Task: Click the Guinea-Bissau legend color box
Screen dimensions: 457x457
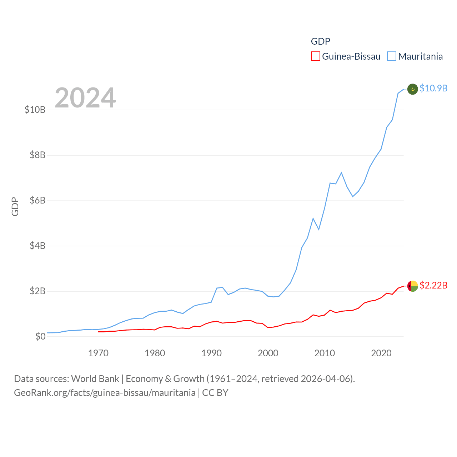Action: tap(316, 56)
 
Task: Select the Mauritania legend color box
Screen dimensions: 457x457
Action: tap(392, 56)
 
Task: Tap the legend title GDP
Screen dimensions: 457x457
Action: tap(320, 41)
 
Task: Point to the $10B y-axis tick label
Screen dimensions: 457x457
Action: tap(35, 110)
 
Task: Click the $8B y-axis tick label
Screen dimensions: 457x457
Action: tap(37, 155)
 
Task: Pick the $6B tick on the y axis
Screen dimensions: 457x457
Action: tap(37, 200)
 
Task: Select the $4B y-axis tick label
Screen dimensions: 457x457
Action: tap(37, 246)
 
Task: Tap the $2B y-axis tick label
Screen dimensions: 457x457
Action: tap(37, 291)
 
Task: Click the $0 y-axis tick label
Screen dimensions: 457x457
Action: tap(40, 336)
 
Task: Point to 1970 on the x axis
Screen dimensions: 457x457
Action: tap(98, 353)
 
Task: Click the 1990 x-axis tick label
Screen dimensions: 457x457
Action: tap(211, 353)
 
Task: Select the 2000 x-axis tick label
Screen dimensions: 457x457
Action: tap(268, 353)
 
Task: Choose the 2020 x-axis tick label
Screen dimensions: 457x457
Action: tap(381, 353)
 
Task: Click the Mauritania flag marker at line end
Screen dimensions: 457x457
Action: tap(413, 89)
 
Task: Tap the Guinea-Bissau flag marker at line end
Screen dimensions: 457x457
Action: tap(413, 286)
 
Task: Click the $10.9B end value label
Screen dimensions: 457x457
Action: tap(433, 88)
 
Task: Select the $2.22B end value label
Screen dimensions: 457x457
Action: tap(433, 285)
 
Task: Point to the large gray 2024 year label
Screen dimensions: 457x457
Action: tap(85, 98)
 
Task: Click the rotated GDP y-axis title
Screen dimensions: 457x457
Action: tap(15, 206)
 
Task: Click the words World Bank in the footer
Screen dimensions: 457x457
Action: tap(95, 379)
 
